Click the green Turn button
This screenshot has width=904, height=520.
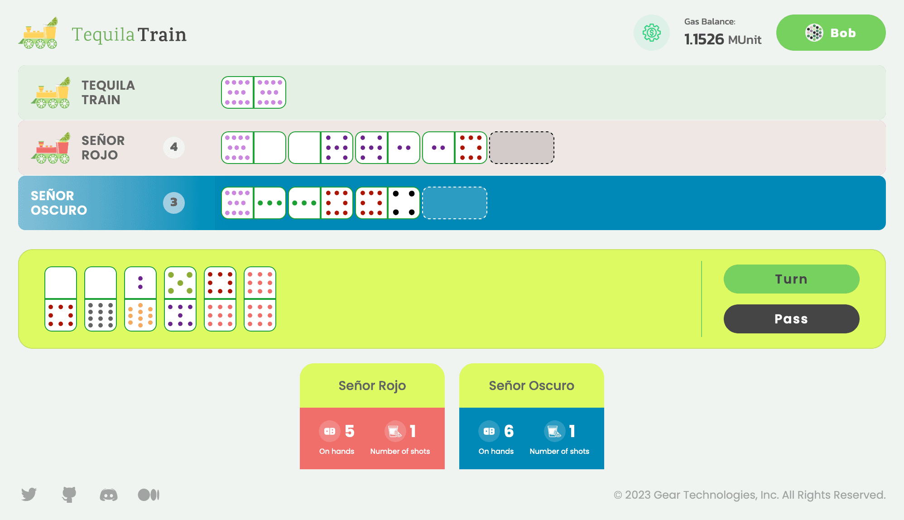[x=791, y=279]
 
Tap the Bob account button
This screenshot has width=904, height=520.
[x=831, y=33]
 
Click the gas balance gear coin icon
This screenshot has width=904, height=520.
[x=651, y=33]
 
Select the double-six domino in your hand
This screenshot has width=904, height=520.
[x=260, y=299]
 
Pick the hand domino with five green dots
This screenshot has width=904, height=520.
[x=180, y=299]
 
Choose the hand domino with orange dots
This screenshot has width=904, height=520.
[x=140, y=299]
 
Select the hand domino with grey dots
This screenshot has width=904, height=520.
[x=101, y=299]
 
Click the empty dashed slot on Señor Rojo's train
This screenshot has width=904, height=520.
[x=522, y=148]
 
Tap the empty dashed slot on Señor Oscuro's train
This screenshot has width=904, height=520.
[x=455, y=203]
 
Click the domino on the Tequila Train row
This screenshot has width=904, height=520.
[x=254, y=92]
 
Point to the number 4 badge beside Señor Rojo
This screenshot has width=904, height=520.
[x=174, y=147]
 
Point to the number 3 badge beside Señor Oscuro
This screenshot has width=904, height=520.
[x=174, y=202]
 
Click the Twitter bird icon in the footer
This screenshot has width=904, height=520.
[x=29, y=494]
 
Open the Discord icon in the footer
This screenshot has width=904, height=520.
[x=109, y=495]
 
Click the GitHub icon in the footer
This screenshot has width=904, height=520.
[x=69, y=495]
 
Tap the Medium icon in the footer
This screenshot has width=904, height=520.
[x=149, y=495]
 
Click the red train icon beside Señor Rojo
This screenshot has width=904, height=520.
[x=51, y=148]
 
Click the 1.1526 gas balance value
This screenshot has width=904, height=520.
[x=704, y=39]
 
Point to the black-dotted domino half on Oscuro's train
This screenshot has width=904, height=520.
[x=404, y=203]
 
